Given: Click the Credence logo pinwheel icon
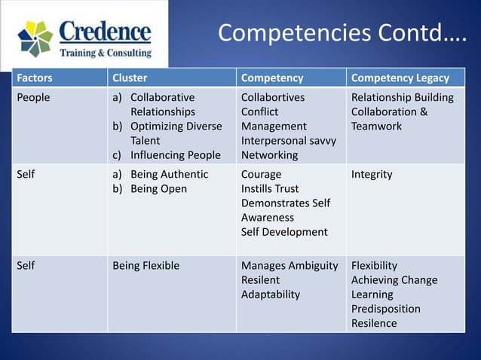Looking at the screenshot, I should pyautogui.click(x=35, y=38).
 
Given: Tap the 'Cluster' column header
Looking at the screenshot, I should pyautogui.click(x=130, y=78).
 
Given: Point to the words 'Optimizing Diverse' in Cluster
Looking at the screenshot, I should pyautogui.click(x=176, y=127).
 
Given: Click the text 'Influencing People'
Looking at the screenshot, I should pyautogui.click(x=176, y=155).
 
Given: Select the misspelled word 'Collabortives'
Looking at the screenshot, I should pyautogui.click(x=274, y=97).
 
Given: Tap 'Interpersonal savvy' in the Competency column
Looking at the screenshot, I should pyautogui.click(x=289, y=141).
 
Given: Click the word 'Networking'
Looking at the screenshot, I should pyautogui.click(x=269, y=155).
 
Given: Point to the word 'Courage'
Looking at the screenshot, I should pyautogui.click(x=261, y=174).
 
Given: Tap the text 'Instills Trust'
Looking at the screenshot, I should pyautogui.click(x=270, y=189).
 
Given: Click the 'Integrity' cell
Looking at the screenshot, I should pyautogui.click(x=372, y=174).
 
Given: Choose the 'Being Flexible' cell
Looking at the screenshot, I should pyautogui.click(x=146, y=265).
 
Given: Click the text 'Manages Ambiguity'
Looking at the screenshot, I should pyautogui.click(x=290, y=265).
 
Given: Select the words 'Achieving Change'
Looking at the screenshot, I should pyautogui.click(x=394, y=280).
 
